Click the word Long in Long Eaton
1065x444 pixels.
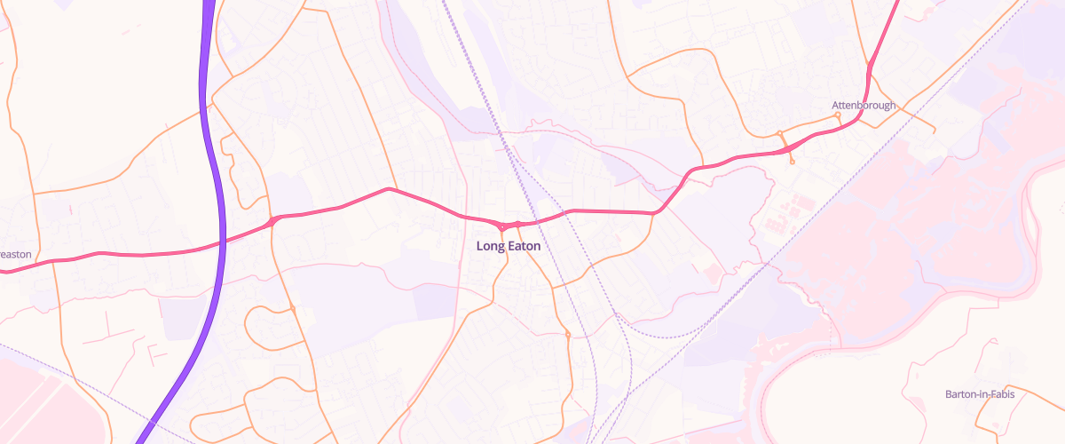coord(491,246)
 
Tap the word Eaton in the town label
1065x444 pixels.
coord(524,246)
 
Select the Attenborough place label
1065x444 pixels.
coord(864,106)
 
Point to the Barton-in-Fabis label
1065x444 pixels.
coord(980,393)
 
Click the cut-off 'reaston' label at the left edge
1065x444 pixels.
coord(15,254)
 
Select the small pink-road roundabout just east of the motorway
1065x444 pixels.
coord(272,220)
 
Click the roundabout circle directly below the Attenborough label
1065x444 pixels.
coord(838,115)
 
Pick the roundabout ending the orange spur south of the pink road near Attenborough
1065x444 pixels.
coord(792,162)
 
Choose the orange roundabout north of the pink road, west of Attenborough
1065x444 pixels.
coord(780,133)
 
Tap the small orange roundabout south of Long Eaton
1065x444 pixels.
coord(567,335)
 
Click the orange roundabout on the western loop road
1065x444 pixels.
coord(292,308)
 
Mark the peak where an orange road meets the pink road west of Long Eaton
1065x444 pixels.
coord(389,188)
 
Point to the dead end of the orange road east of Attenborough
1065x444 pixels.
coord(934,131)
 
